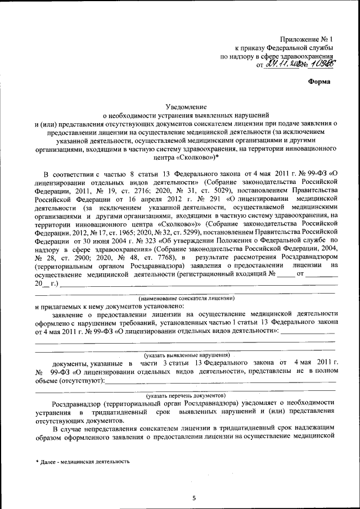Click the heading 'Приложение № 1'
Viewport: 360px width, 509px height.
pos(307,39)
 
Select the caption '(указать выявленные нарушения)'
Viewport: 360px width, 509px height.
pos(186,355)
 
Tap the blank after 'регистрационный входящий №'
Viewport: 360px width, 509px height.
pos(286,274)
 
